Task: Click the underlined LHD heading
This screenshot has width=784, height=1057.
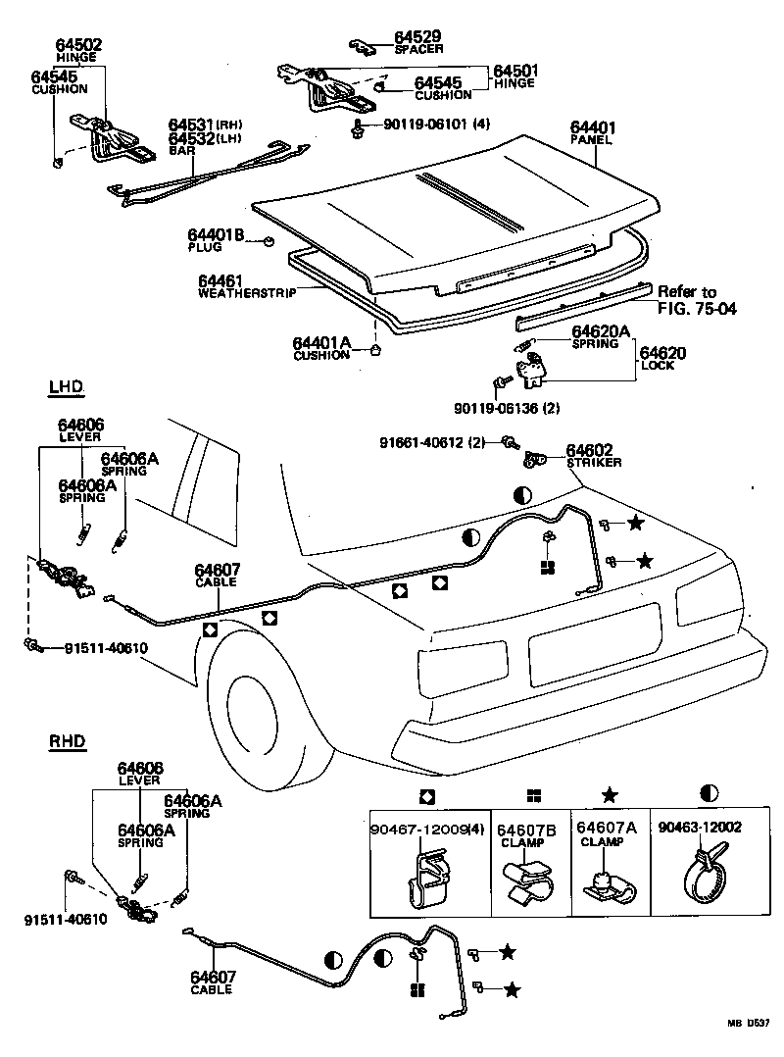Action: (67, 388)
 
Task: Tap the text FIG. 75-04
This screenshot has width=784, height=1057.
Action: (697, 309)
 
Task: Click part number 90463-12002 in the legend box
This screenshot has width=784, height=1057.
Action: (700, 828)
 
